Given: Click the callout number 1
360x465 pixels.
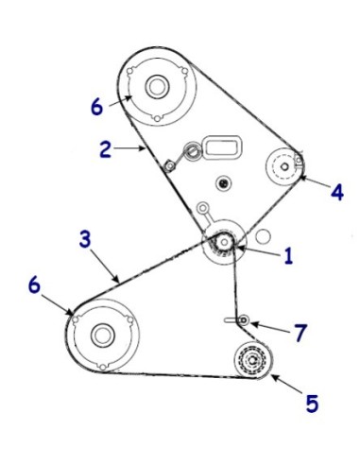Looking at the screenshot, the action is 288,254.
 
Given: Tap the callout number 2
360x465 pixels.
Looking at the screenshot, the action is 105,147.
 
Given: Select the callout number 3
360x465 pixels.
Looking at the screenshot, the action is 85,239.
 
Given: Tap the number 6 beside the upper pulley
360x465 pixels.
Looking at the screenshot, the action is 96,106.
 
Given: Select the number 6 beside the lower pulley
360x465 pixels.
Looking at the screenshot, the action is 35,285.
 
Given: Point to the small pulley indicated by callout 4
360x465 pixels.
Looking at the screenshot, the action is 283,166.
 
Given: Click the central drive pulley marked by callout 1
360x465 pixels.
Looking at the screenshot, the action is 223,244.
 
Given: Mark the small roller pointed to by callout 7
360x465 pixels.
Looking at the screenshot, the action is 244,321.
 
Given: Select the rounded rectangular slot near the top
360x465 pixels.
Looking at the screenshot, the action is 224,146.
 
